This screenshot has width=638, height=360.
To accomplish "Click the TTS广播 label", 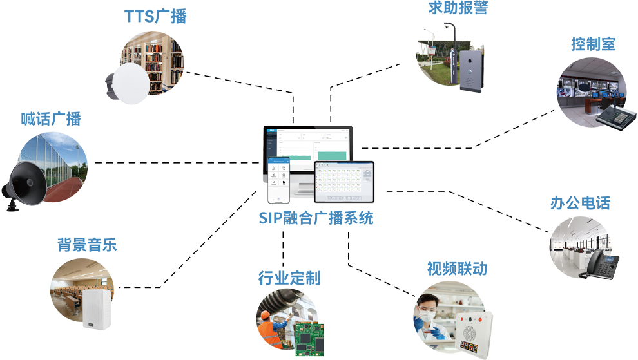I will click(x=157, y=16).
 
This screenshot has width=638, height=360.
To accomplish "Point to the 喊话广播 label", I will click(x=51, y=121).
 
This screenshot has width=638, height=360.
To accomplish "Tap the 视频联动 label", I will click(x=457, y=269).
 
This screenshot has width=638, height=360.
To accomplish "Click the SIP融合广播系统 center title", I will click(x=316, y=218).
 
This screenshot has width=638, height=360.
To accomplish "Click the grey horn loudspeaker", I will click(x=26, y=184).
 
